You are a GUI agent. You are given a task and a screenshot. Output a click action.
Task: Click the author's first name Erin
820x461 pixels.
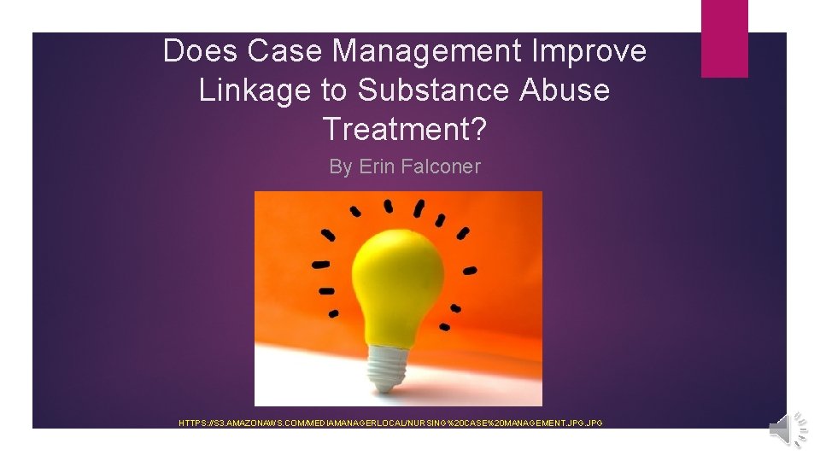point(377,166)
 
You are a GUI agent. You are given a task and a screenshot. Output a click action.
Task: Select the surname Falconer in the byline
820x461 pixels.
point(440,166)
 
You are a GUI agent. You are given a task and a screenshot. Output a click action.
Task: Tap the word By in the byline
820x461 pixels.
point(340,166)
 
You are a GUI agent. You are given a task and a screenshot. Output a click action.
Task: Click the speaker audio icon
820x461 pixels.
point(787,429)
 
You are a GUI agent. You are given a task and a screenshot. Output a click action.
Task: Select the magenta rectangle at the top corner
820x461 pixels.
point(724,38)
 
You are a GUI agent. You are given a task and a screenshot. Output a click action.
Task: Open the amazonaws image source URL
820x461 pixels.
point(390,423)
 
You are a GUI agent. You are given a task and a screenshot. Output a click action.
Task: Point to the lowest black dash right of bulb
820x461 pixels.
point(446,326)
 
